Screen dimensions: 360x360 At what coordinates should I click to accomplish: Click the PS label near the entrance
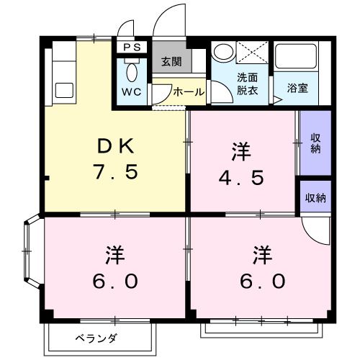(x=132, y=48)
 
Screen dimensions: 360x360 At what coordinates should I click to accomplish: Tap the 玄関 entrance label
(x=171, y=62)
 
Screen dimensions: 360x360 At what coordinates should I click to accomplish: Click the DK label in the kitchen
(x=115, y=145)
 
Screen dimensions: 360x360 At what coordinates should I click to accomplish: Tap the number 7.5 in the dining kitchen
(x=115, y=173)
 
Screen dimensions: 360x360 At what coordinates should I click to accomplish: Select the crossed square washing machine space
(x=252, y=55)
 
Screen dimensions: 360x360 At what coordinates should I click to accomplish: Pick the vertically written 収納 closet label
(x=315, y=143)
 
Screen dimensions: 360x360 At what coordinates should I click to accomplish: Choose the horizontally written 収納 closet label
(x=315, y=197)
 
